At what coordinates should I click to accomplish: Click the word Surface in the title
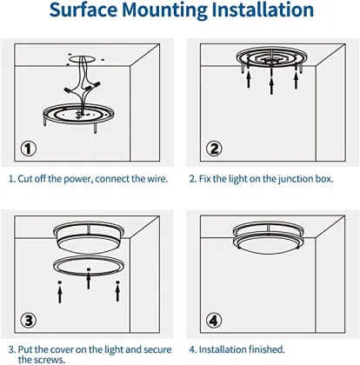83,10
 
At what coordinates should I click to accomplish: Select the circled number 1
28,149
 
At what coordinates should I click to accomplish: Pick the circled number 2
214,149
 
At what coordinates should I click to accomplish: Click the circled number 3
28,321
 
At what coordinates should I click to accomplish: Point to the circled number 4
214,321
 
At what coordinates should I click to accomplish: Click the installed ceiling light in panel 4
269,237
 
